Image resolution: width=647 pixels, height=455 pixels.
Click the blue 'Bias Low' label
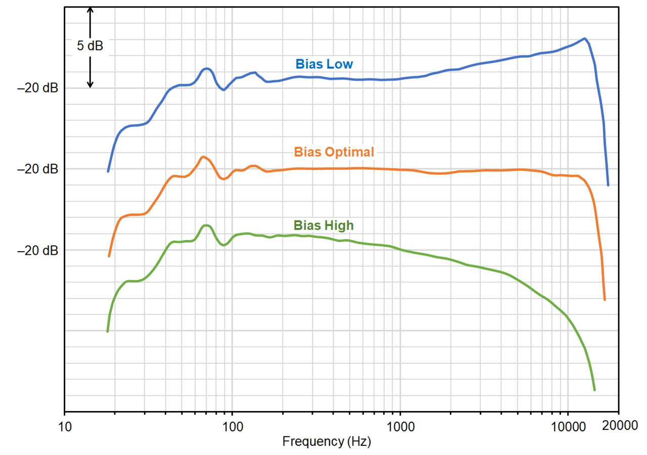325,64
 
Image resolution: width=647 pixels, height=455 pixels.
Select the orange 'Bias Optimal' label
334,152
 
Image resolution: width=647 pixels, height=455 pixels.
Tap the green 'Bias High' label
323,225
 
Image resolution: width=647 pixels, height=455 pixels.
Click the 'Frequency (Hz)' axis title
327,441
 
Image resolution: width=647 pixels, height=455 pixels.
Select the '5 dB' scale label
90,46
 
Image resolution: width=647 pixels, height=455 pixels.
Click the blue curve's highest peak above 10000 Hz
584,38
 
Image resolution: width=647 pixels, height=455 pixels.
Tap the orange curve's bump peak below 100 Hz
203,157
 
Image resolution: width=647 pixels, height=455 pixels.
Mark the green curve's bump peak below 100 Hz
206,225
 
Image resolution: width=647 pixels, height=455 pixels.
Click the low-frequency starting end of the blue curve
108,171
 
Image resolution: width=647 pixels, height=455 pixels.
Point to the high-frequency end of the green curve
594,390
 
